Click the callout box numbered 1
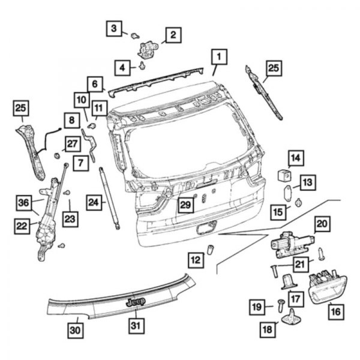218,57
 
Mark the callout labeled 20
322,224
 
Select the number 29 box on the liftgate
185,205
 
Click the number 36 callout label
23,204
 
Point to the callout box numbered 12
195,260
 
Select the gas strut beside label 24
109,197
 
